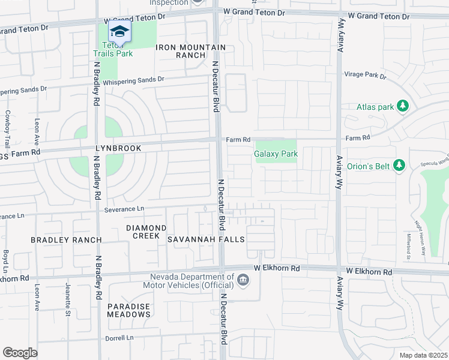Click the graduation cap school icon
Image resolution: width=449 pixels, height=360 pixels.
point(119,32)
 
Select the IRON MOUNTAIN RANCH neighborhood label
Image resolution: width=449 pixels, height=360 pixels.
point(191,51)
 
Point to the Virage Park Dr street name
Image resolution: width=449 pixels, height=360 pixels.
point(365,76)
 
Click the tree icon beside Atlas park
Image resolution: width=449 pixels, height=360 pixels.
point(403,107)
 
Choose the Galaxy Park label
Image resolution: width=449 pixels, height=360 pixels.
point(276,154)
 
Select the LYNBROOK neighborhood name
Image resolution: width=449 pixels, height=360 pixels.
point(118,148)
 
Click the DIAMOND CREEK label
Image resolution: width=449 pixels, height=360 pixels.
point(146,232)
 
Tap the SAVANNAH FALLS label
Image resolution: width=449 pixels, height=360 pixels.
point(206,239)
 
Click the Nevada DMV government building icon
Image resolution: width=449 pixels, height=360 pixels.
point(243,280)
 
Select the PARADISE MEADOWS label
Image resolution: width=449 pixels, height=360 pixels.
point(128,310)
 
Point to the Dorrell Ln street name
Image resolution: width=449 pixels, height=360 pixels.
point(120,338)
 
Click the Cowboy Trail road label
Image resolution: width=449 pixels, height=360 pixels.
point(7,128)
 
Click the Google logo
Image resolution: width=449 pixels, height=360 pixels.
point(20,352)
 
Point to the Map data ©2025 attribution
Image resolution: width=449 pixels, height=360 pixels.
point(423,355)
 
